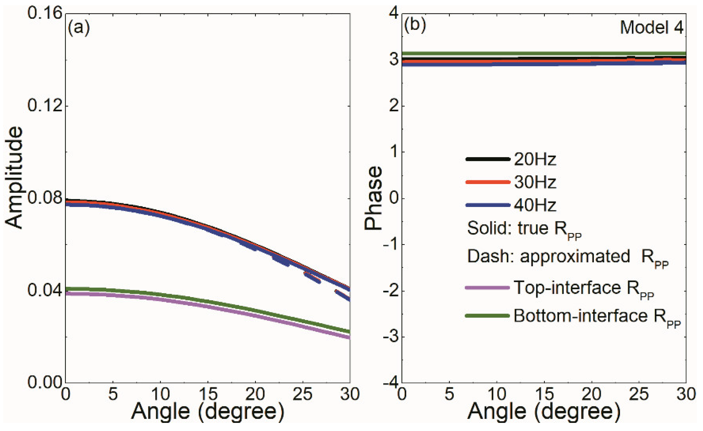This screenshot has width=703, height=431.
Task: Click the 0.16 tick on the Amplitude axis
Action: pos(45,13)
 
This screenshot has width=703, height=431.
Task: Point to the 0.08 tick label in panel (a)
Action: pos(45,198)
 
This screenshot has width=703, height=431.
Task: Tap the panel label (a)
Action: pos(79,28)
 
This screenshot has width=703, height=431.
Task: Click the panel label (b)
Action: pos(415,25)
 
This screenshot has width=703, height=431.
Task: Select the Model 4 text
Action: pos(651,28)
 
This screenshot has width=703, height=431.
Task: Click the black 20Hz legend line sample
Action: pos(488,159)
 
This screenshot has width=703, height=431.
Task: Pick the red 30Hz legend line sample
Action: pos(488,182)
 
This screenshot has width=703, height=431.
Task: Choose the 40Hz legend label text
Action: pos(535,205)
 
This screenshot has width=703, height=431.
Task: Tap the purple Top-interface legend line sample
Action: pos(487,288)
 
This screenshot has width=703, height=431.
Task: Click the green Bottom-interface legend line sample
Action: pos(487,316)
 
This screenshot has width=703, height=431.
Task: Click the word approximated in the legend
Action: pos(574,257)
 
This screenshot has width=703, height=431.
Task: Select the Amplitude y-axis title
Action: pos(14,177)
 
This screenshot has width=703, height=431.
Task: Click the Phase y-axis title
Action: pos(373,198)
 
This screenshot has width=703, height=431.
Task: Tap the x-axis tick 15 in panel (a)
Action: pos(208,394)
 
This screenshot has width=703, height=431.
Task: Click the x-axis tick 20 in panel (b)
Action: pos(591,394)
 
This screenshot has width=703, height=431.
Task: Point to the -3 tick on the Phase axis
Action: pos(391,337)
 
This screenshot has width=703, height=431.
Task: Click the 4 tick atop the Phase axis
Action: pos(394,13)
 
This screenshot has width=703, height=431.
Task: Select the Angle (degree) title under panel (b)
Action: pos(544,412)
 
